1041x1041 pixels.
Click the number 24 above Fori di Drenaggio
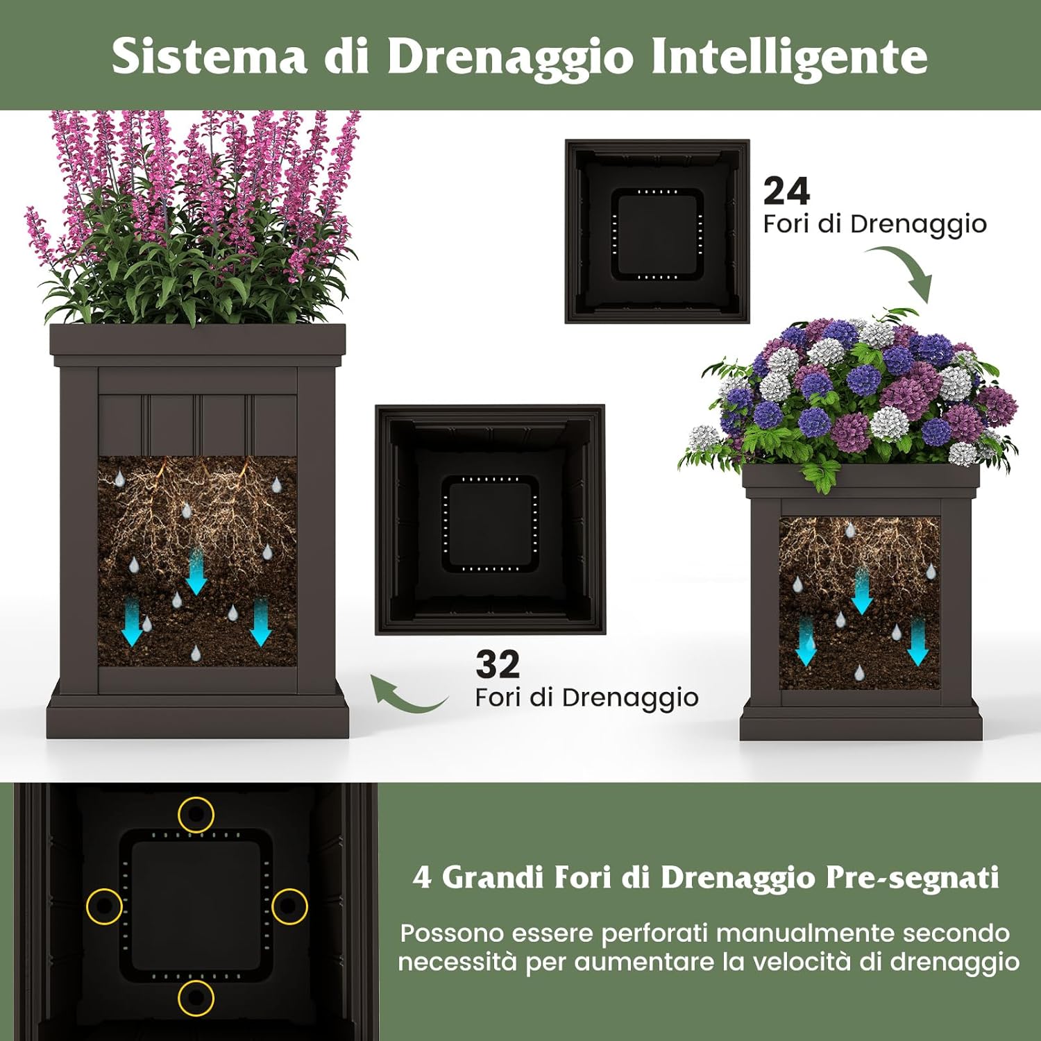pyautogui.click(x=786, y=191)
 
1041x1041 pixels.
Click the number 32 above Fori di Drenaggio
pyautogui.click(x=498, y=664)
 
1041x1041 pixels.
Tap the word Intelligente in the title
pyautogui.click(x=789, y=56)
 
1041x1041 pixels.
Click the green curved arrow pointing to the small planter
pyautogui.click(x=906, y=273)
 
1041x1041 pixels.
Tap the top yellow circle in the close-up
pyautogui.click(x=196, y=814)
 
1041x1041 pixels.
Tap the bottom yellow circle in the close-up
pyautogui.click(x=196, y=998)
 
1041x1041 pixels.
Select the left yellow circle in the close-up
pyautogui.click(x=104, y=906)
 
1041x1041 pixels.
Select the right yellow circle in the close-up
pyautogui.click(x=289, y=906)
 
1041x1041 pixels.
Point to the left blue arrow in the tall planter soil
pyautogui.click(x=132, y=622)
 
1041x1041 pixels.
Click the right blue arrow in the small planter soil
pyautogui.click(x=918, y=643)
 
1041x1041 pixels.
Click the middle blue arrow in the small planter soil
pyautogui.click(x=862, y=591)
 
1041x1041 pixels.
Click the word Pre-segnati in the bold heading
pyautogui.click(x=912, y=878)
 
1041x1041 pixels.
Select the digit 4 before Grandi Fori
pyautogui.click(x=421, y=878)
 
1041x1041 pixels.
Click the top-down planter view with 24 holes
pyautogui.click(x=657, y=231)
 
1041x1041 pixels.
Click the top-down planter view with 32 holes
pyautogui.click(x=490, y=520)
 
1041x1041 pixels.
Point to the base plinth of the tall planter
pyautogui.click(x=198, y=718)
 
